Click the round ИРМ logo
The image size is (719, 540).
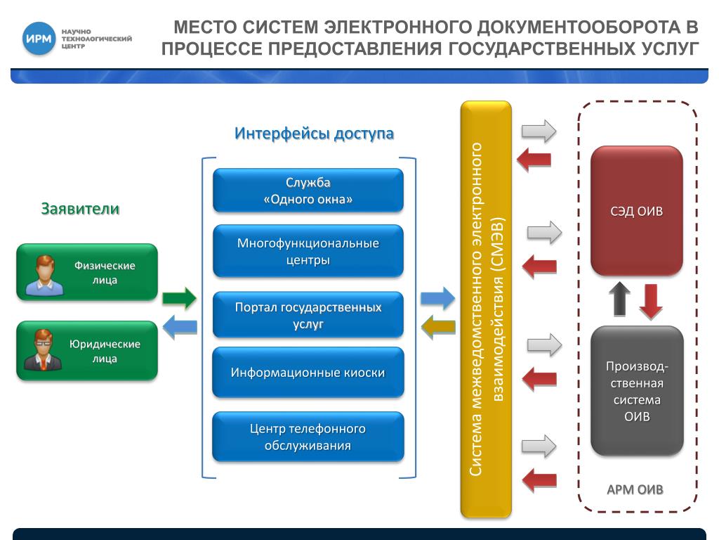coord(39,39)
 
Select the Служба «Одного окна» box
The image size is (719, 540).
coord(308,191)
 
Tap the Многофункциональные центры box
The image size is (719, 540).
coord(308,251)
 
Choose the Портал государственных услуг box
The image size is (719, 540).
coord(308,315)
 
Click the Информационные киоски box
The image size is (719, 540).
coord(308,373)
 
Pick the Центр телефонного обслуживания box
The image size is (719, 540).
coord(308,437)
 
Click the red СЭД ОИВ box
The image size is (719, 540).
coord(636,211)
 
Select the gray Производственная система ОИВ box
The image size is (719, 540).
coord(637,390)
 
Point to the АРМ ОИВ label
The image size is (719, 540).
coord(635,489)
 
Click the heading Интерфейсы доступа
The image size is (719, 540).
coord(314,134)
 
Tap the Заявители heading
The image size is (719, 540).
coord(80,209)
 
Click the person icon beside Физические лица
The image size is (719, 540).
coord(44,275)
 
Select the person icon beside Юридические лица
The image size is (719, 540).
coord(44,350)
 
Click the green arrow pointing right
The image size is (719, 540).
coord(179,298)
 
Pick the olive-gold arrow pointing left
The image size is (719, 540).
coord(438,326)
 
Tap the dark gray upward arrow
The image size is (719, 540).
coord(620,298)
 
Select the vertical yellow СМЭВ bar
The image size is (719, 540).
coord(486,309)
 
